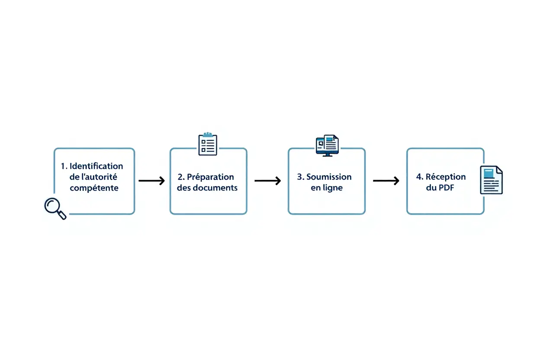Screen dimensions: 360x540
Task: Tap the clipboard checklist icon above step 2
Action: pos(208,144)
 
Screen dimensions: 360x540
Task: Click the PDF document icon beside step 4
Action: pos(491,180)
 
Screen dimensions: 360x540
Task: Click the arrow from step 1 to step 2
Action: pos(151,181)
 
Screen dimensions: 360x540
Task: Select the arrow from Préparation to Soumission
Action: pos(268,181)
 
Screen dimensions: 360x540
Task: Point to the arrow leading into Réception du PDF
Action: pos(386,181)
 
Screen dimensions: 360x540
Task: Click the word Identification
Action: pos(96,166)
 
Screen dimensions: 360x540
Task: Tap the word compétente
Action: pos(94,188)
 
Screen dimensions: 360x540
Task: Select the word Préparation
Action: pos(210,177)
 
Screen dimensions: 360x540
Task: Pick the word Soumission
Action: pos(329,177)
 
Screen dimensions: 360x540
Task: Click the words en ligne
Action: pos(327,188)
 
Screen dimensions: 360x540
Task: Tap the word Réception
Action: pos(446,177)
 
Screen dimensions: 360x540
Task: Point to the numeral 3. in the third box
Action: pos(301,177)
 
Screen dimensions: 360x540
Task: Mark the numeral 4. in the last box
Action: pos(420,177)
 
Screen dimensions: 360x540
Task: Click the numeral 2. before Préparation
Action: pos(181,177)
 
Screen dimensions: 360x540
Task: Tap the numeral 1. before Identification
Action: pos(64,166)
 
